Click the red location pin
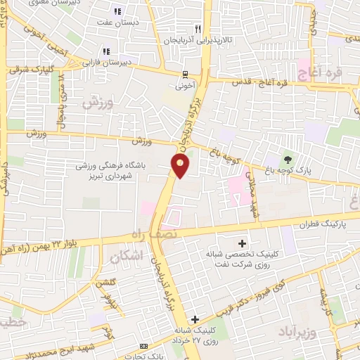pyautogui.click(x=181, y=166)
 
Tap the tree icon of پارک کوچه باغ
pyautogui.click(x=287, y=160)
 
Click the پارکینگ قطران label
pyautogui.click(x=302, y=224)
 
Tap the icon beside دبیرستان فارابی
pyautogui.click(x=106, y=51)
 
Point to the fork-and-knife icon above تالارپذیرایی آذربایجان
pyautogui.click(x=198, y=29)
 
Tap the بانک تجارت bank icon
pyautogui.click(x=145, y=346)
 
